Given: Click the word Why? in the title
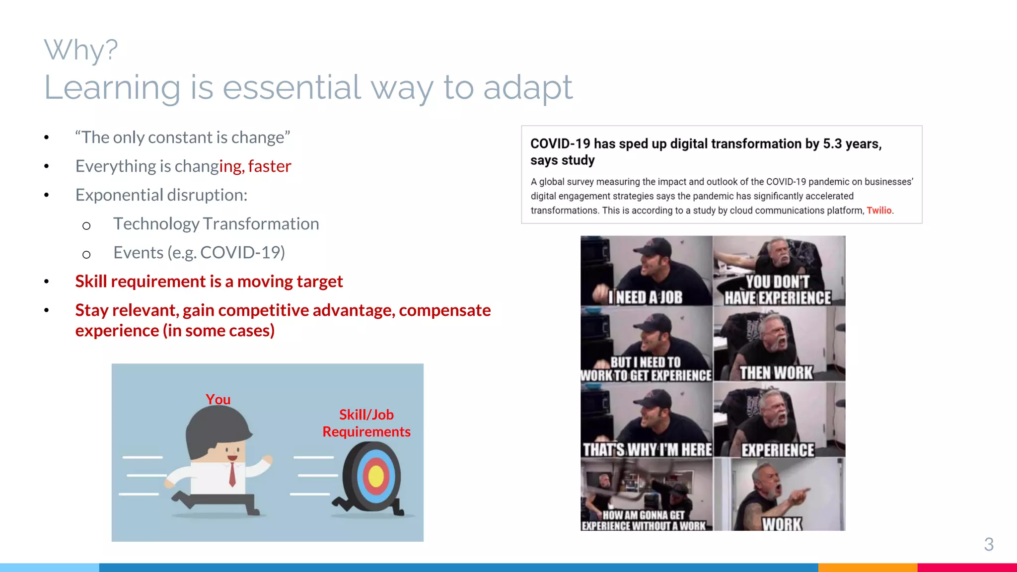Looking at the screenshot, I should pyautogui.click(x=81, y=50).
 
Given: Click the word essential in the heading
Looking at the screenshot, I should pyautogui.click(x=291, y=87).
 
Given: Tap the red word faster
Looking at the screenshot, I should pyautogui.click(x=270, y=166).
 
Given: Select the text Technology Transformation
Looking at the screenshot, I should pyautogui.click(x=216, y=224).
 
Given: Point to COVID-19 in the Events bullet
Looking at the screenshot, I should pyautogui.click(x=242, y=253).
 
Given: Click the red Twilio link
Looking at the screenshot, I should pyautogui.click(x=879, y=211).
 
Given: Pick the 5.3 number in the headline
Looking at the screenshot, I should pyautogui.click(x=832, y=144).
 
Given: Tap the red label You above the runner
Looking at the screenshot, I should pyautogui.click(x=218, y=399).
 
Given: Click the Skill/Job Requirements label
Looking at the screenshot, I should pyautogui.click(x=366, y=423).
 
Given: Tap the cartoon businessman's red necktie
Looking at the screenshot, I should pyautogui.click(x=232, y=474).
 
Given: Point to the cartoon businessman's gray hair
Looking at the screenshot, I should pyautogui.click(x=214, y=427).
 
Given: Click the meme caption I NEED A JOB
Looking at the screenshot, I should pyautogui.click(x=646, y=297).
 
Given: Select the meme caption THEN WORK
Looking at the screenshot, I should pyautogui.click(x=776, y=373).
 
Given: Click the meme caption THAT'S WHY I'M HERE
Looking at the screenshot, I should pyautogui.click(x=647, y=450).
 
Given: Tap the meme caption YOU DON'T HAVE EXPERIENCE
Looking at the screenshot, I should pyautogui.click(x=778, y=290).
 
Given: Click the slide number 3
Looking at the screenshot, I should pyautogui.click(x=989, y=545).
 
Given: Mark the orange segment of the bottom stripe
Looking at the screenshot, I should pyautogui.click(x=868, y=568).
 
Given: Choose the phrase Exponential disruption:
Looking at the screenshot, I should pyautogui.click(x=161, y=195).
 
